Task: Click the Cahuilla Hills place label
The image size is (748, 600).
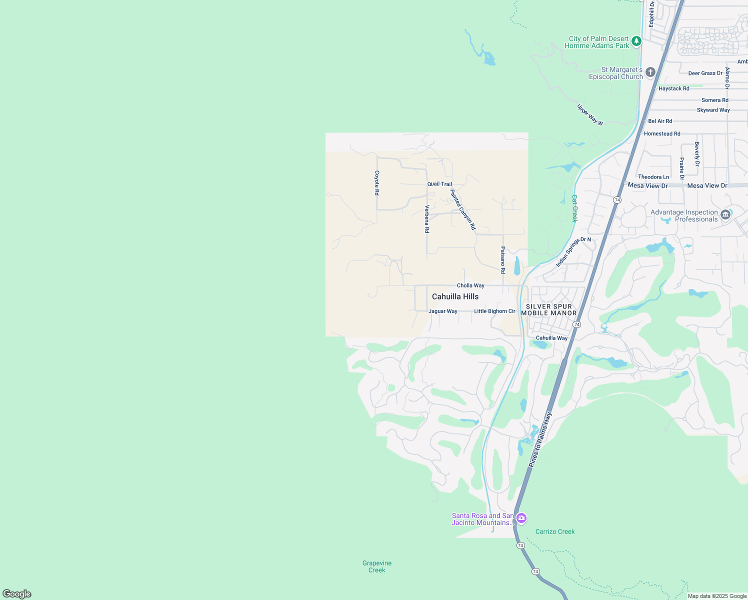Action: [455, 296]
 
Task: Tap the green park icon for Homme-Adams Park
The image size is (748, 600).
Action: [636, 41]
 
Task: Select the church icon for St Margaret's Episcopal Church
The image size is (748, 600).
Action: [650, 72]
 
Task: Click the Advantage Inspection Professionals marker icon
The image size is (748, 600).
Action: [725, 215]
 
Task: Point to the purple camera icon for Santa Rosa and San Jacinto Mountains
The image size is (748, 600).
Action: [521, 518]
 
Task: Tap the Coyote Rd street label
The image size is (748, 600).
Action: [377, 183]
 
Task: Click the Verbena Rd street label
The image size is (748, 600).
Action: [427, 219]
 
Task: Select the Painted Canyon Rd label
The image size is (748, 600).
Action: [463, 209]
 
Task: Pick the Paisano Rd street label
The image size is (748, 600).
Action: [503, 260]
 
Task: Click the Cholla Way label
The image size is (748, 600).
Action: [470, 285]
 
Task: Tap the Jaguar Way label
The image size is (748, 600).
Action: [443, 311]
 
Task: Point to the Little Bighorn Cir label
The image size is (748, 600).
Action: [494, 311]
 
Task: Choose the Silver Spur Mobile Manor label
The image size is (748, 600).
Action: [549, 309]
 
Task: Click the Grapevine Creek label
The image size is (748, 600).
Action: [377, 566]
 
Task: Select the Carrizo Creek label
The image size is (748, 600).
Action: [555, 531]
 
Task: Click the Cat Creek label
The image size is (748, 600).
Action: [574, 208]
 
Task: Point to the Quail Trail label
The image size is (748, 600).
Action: [439, 184]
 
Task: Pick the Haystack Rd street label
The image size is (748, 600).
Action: [674, 88]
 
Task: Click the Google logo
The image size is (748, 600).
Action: [17, 594]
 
